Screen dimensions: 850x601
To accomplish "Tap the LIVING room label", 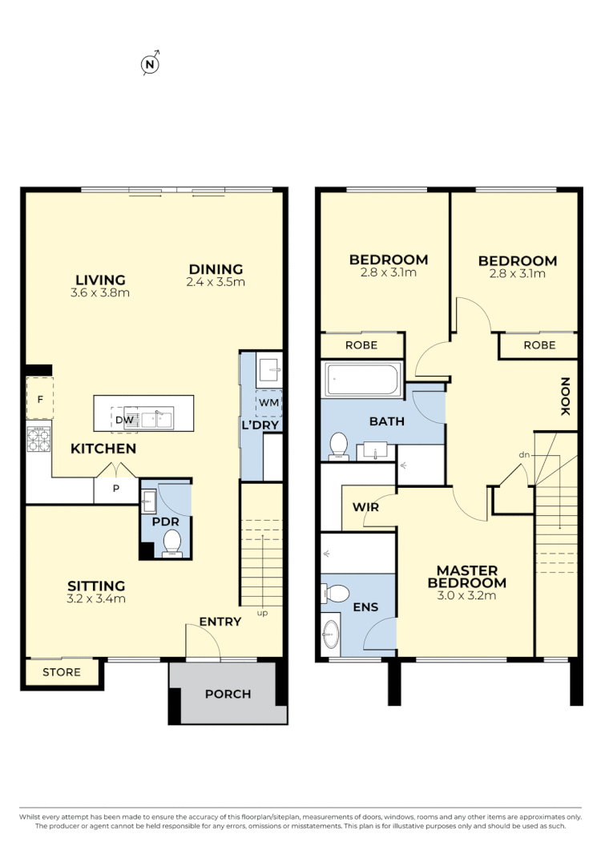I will pyautogui.click(x=100, y=280).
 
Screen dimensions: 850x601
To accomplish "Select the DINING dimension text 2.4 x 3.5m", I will pyautogui.click(x=216, y=282).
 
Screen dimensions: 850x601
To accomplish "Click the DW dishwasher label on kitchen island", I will pyautogui.click(x=123, y=420).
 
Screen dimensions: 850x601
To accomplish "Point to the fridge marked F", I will pyautogui.click(x=38, y=398).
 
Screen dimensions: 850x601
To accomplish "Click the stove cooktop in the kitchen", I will pyautogui.click(x=38, y=440).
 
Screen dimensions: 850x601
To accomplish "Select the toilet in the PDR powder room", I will pyautogui.click(x=172, y=544).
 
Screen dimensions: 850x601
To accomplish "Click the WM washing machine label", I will pyautogui.click(x=268, y=402).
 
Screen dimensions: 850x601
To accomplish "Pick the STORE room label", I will pyautogui.click(x=62, y=672).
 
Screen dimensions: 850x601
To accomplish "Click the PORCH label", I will pyautogui.click(x=228, y=694).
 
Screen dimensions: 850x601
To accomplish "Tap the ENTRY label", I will pyautogui.click(x=220, y=621).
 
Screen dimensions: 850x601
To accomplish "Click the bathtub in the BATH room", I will pyautogui.click(x=363, y=380).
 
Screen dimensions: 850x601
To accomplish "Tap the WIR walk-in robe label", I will pyautogui.click(x=365, y=507).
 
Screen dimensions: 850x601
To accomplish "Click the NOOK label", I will pyautogui.click(x=564, y=397).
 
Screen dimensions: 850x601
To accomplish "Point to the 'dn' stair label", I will pyautogui.click(x=525, y=455).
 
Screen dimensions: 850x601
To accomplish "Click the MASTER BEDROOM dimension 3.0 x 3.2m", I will pyautogui.click(x=466, y=595).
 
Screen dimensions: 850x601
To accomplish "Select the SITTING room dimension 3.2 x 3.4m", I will pyautogui.click(x=96, y=598).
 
